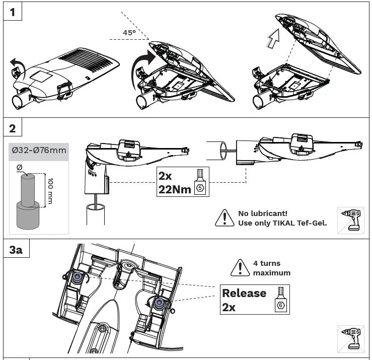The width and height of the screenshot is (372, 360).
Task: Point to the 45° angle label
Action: pos(129,32)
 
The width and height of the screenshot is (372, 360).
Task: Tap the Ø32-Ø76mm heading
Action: pos(38,150)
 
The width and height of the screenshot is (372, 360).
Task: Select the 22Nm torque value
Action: pos(174,190)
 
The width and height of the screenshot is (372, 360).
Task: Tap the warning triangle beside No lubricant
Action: pos(222,218)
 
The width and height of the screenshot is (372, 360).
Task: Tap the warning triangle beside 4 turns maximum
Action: pos(240,267)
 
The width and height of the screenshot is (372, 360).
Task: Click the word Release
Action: pos(244,293)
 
